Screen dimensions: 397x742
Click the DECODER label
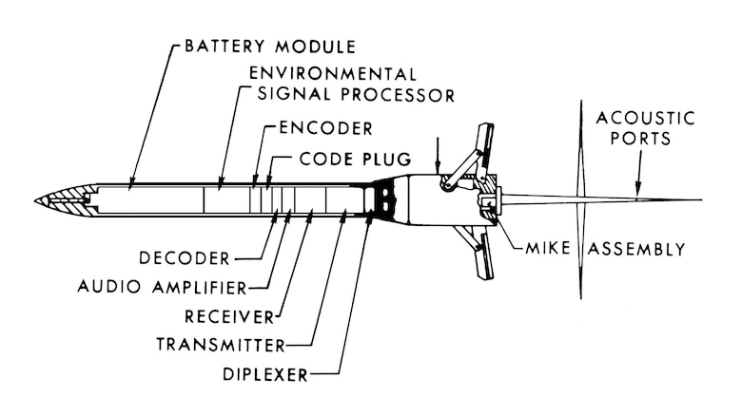[183, 257]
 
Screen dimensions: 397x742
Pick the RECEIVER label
[222, 314]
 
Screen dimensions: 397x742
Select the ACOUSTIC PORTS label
[645, 128]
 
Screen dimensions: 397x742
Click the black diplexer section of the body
[383, 199]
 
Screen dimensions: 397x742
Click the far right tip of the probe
[701, 200]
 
